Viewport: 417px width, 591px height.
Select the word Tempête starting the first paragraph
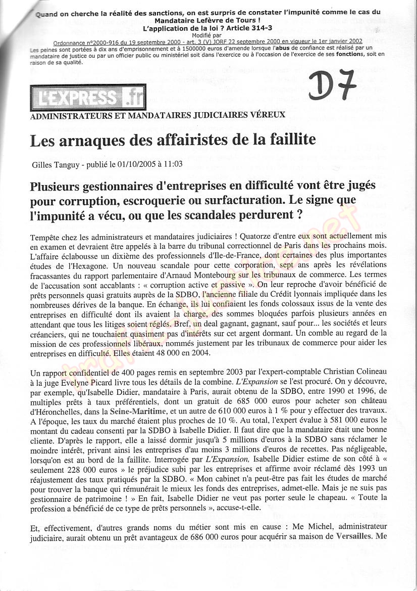coord(45,237)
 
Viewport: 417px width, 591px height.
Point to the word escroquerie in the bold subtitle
coord(151,200)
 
